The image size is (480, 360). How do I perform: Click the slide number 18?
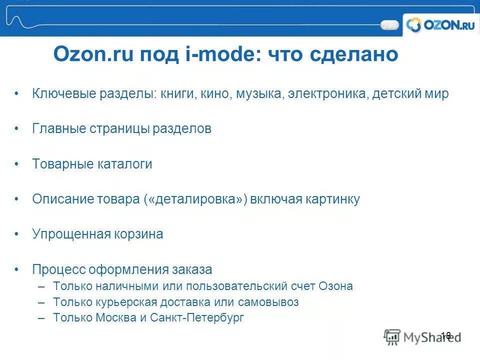446,335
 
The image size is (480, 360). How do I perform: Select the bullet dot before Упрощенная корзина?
16,234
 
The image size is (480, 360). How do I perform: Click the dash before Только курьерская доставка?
41,302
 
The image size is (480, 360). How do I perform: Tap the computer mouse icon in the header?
389,24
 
